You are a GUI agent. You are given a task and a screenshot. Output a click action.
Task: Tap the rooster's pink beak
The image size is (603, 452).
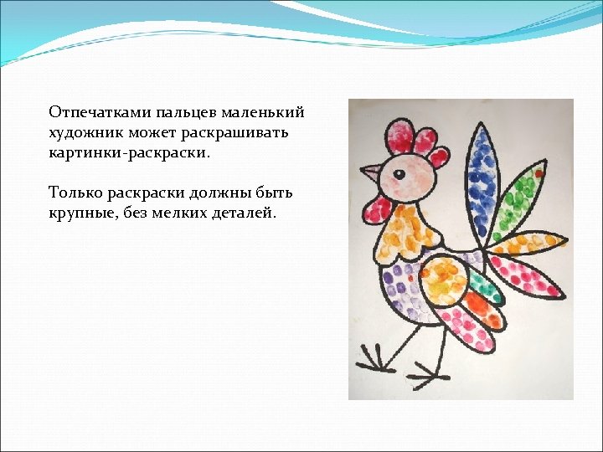pyautogui.click(x=370, y=174)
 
